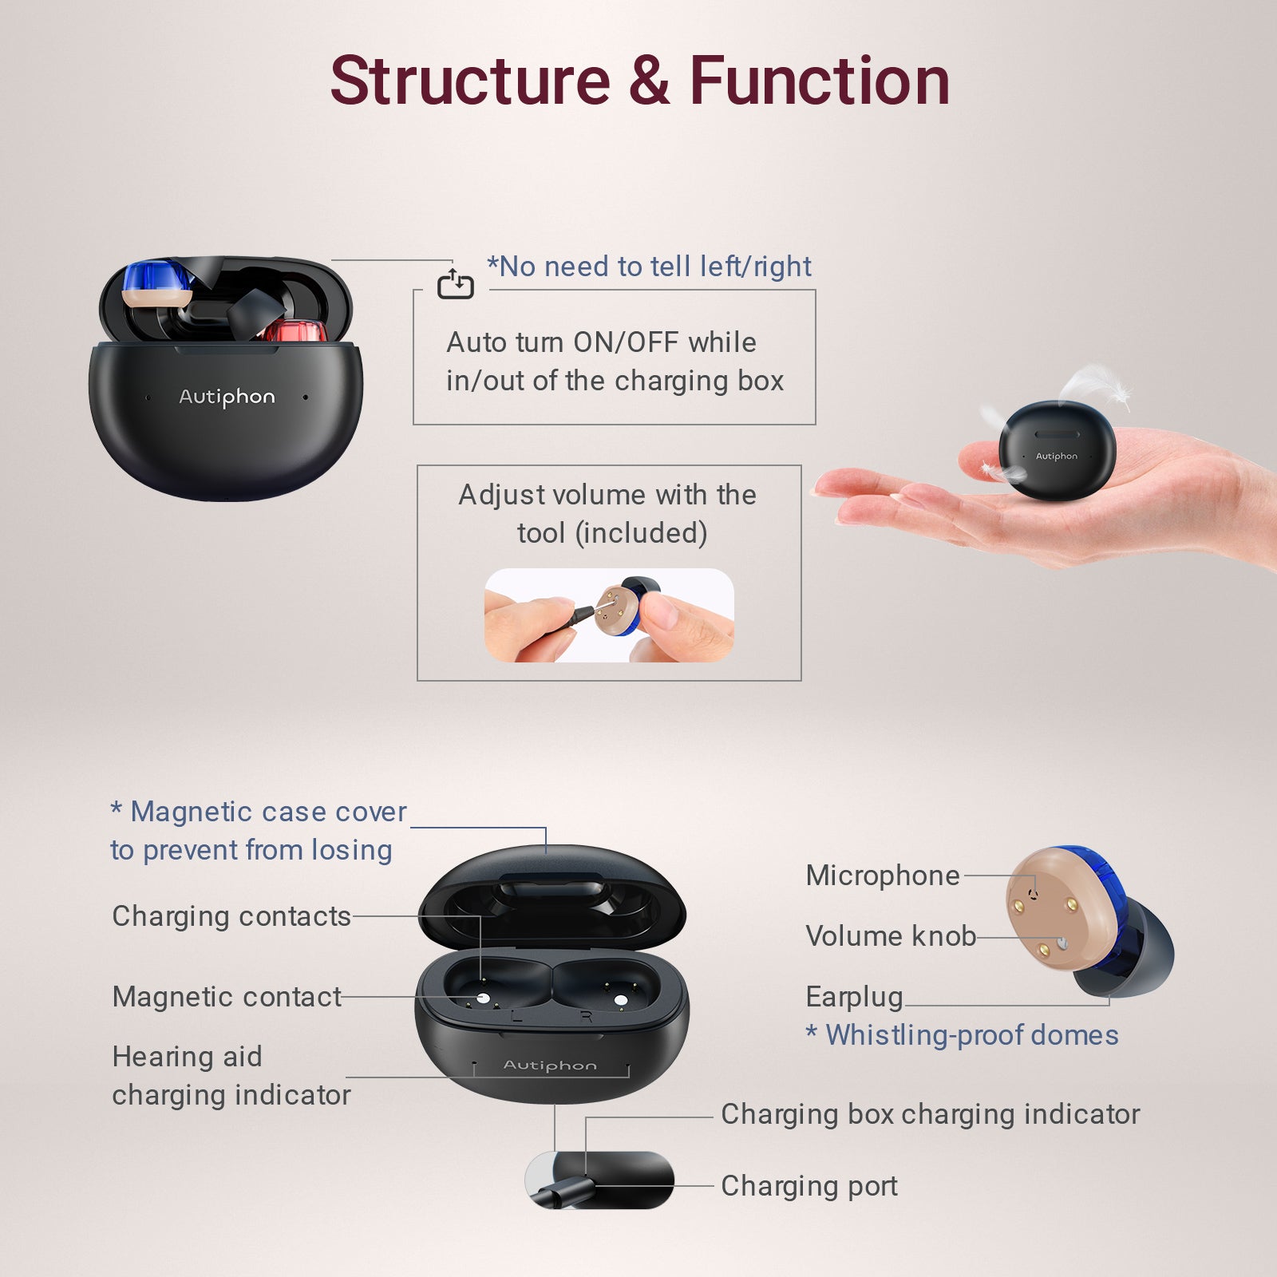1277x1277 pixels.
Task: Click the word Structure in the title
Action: (x=471, y=81)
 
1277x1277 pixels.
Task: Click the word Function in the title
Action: (x=820, y=81)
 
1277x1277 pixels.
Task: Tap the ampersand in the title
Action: (x=650, y=81)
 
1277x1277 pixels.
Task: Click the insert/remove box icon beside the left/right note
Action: (x=456, y=284)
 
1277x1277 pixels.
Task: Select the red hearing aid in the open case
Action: (x=295, y=330)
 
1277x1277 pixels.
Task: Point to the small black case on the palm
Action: (x=1057, y=451)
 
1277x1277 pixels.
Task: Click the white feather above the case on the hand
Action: (x=1095, y=385)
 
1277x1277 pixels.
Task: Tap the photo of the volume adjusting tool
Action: (x=609, y=615)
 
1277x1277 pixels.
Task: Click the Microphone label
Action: (x=883, y=876)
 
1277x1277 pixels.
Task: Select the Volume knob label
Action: (x=891, y=935)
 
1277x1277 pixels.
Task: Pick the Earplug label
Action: (x=854, y=997)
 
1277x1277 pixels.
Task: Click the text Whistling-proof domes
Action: (x=971, y=1035)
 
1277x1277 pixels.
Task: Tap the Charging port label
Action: (x=809, y=1187)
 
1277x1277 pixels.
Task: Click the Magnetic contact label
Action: (x=227, y=997)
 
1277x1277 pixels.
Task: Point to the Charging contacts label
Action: (x=231, y=916)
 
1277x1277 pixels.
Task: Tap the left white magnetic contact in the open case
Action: (x=482, y=998)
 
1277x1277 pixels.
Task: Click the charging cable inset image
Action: (x=599, y=1180)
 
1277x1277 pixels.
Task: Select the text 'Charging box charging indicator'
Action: (x=931, y=1114)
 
